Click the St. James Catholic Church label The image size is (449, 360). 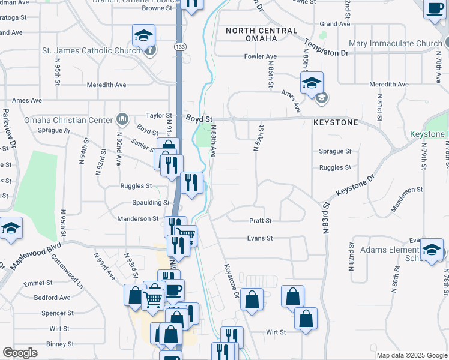(x=91, y=50)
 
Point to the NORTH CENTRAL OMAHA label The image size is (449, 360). (x=261, y=34)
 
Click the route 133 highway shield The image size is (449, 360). (x=180, y=46)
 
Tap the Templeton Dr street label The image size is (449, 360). (x=326, y=46)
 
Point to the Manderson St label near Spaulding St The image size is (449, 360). (x=137, y=219)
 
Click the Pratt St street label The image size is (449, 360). (x=261, y=221)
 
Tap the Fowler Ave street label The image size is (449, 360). (x=260, y=56)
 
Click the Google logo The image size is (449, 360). (x=20, y=353)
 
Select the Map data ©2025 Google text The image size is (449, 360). (x=411, y=355)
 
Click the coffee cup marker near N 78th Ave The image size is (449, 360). (x=434, y=10)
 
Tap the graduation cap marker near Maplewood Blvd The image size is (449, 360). (x=11, y=229)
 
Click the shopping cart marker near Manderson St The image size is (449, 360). (x=187, y=235)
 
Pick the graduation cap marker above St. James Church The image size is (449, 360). (x=143, y=35)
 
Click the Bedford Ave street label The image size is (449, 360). (x=52, y=298)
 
